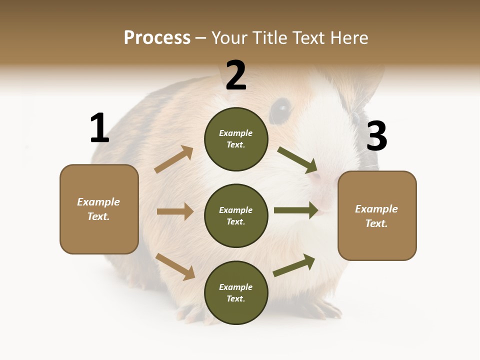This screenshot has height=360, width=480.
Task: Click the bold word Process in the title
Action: coord(157,37)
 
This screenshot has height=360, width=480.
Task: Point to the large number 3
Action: coord(377,136)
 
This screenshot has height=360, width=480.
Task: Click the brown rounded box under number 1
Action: coord(99,209)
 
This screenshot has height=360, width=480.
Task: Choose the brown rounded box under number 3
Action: coord(377,215)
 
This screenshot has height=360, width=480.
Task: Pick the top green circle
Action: coord(236,139)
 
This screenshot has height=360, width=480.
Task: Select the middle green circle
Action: coord(236,215)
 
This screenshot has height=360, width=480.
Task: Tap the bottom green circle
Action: coord(236,292)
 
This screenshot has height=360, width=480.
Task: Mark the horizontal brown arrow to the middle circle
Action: coord(175,211)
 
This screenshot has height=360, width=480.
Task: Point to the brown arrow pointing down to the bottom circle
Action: coord(175,266)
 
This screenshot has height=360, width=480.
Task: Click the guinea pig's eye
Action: coord(281,109)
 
